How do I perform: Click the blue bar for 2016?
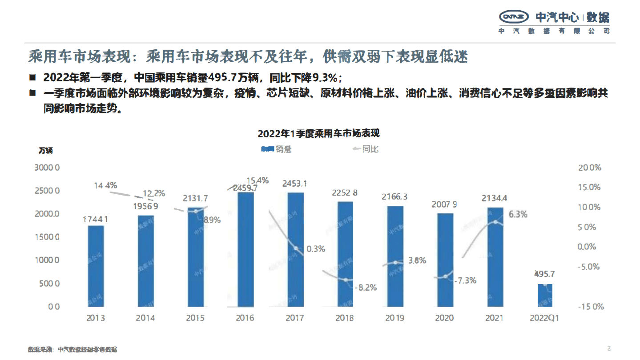[x=245, y=249]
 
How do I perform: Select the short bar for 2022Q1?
[x=545, y=295]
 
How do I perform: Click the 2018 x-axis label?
[x=345, y=318]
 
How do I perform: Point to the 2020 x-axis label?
[x=444, y=318]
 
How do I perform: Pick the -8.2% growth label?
[x=365, y=288]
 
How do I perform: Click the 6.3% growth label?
[x=518, y=214]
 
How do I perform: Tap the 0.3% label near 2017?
[x=316, y=249]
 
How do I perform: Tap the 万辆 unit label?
[x=45, y=150]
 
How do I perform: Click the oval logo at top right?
[x=514, y=17]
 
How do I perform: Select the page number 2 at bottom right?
[x=609, y=348]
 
